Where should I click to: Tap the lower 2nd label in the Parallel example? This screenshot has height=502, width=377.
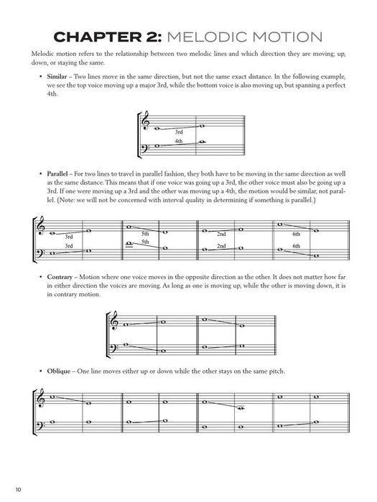click(x=221, y=246)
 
